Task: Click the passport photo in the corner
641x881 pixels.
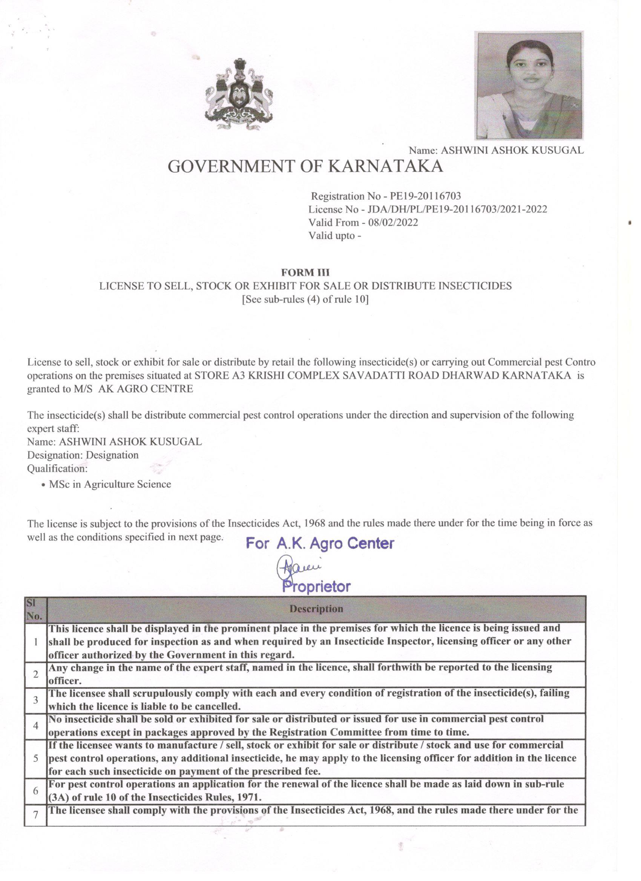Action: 529,85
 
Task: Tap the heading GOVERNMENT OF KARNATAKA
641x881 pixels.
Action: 305,166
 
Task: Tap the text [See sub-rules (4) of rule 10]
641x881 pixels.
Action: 305,300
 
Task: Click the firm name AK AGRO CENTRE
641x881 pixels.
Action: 146,389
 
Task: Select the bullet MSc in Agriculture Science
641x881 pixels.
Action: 110,484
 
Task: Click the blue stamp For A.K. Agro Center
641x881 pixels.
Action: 320,543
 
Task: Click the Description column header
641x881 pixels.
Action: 316,609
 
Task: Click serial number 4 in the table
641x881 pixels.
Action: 35,726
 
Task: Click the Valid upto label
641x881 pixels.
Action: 334,236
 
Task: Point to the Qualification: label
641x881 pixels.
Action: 57,468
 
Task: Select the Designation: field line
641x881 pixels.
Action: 83,455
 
